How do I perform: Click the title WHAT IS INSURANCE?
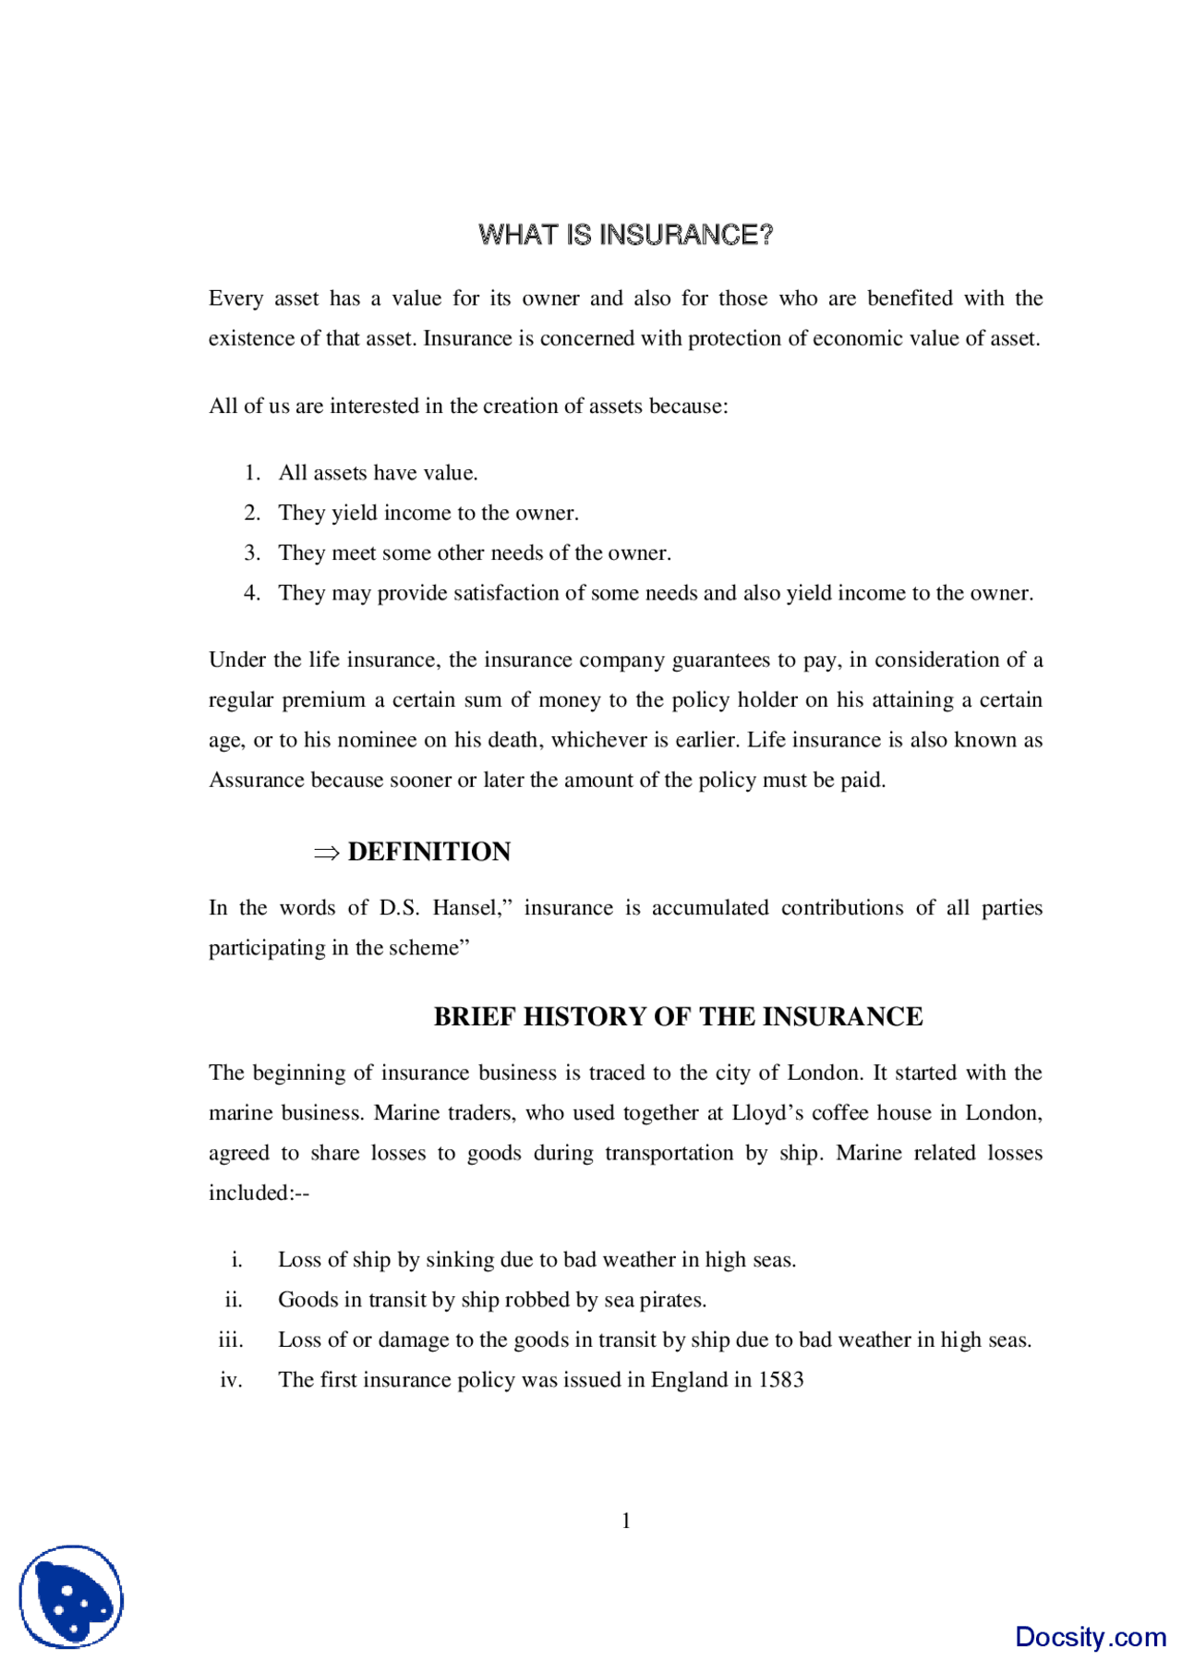click(x=625, y=235)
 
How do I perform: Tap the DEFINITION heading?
click(x=428, y=852)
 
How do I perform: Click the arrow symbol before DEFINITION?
click(x=326, y=853)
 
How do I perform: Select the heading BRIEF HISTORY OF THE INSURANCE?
click(x=678, y=1016)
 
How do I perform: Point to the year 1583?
click(x=780, y=1379)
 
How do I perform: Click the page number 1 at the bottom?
click(x=626, y=1521)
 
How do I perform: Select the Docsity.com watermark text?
click(x=1090, y=1636)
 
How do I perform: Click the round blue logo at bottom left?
click(x=71, y=1596)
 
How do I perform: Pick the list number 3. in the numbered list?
click(x=252, y=552)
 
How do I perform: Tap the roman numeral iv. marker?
click(x=231, y=1379)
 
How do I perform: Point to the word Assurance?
click(x=257, y=780)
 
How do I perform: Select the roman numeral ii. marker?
click(x=234, y=1300)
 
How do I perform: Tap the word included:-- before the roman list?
click(x=259, y=1193)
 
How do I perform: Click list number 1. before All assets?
click(x=252, y=473)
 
